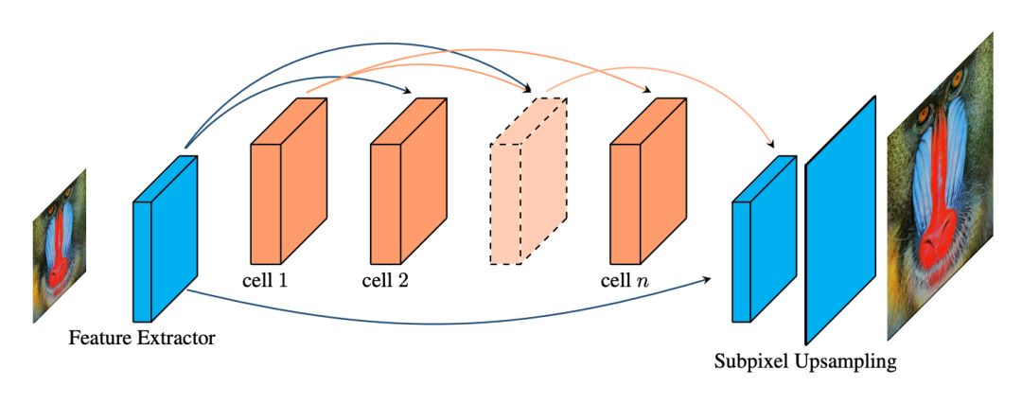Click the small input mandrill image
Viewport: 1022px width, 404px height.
click(x=59, y=244)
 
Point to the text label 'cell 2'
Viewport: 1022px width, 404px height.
click(x=386, y=281)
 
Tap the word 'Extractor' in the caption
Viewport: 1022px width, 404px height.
click(x=177, y=337)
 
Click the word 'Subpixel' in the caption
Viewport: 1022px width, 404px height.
click(x=749, y=360)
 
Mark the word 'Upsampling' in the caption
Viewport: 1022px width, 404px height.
click(x=844, y=362)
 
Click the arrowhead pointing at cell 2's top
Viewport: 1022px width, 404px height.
click(x=408, y=93)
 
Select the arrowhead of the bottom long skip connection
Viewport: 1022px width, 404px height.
click(x=709, y=279)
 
